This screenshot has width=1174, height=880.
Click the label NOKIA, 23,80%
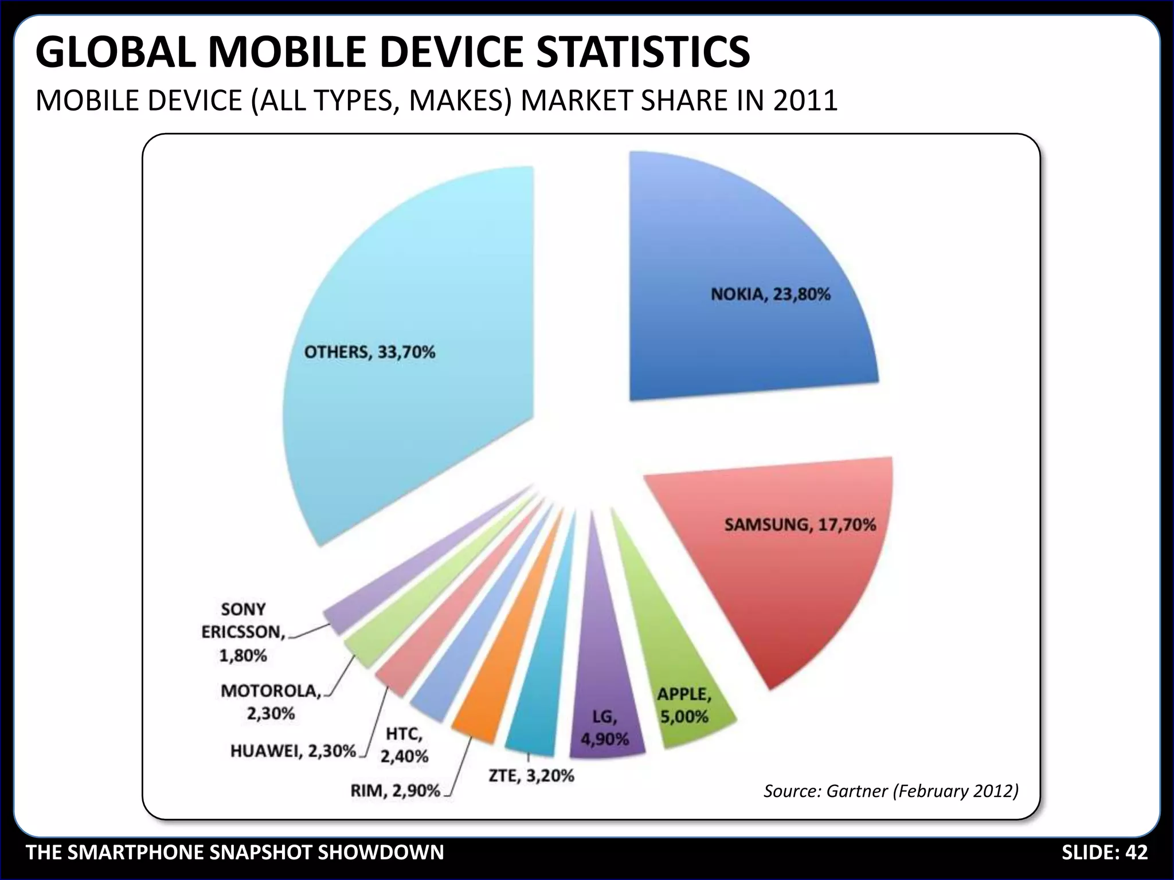(x=770, y=294)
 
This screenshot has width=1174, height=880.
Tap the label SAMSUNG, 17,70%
(x=800, y=524)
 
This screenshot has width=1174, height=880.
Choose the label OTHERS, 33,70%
(x=370, y=352)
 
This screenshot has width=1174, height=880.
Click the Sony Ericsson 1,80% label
(x=243, y=632)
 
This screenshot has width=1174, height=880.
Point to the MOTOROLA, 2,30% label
(x=271, y=702)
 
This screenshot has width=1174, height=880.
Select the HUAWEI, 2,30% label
(x=293, y=751)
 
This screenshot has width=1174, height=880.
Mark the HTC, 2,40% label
(x=404, y=745)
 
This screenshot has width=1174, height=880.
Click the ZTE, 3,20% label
(x=531, y=776)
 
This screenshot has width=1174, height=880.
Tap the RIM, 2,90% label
(x=395, y=791)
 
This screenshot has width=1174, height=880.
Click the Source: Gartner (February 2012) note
(x=891, y=791)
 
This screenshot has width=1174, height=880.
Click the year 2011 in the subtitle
(x=805, y=101)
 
